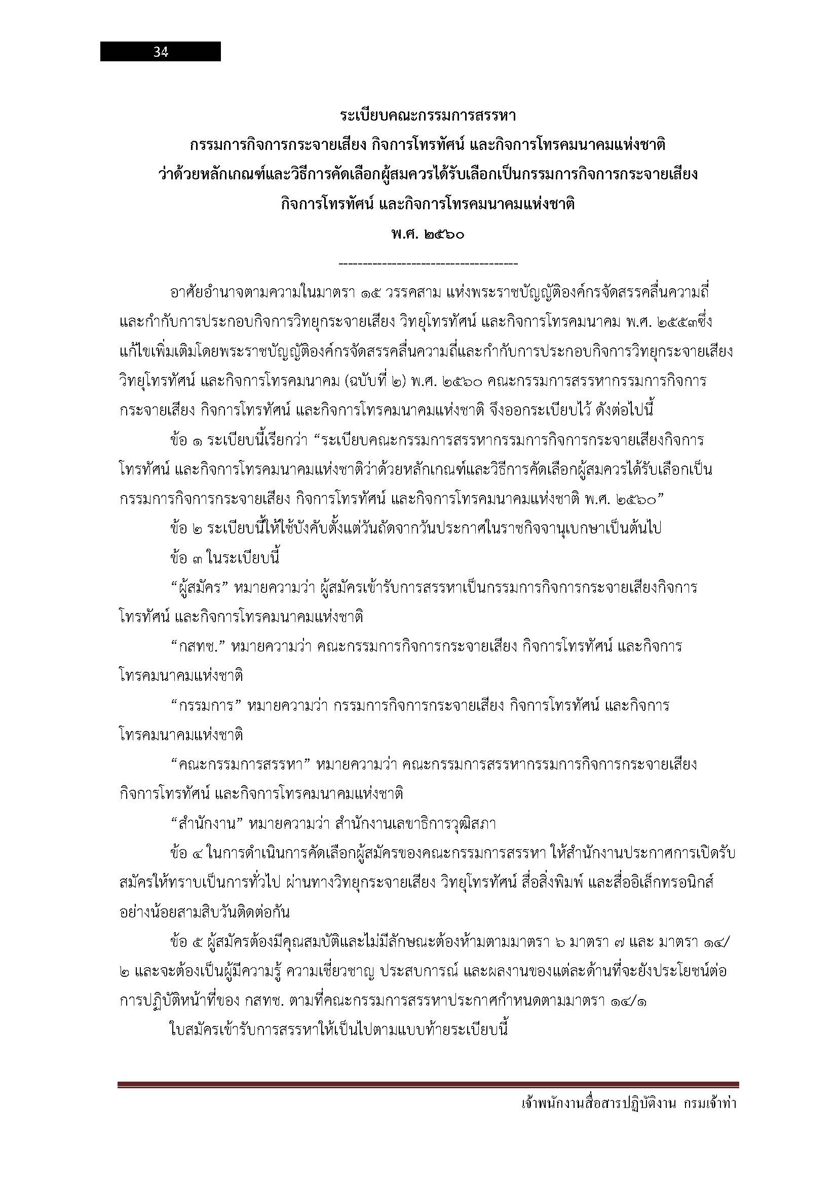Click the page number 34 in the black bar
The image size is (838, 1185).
161,52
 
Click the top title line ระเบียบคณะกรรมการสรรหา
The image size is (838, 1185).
428,116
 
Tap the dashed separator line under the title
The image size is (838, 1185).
428,264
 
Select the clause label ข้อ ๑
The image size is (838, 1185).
186,441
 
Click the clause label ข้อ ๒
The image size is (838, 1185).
186,529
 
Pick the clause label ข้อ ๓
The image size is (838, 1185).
186,558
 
